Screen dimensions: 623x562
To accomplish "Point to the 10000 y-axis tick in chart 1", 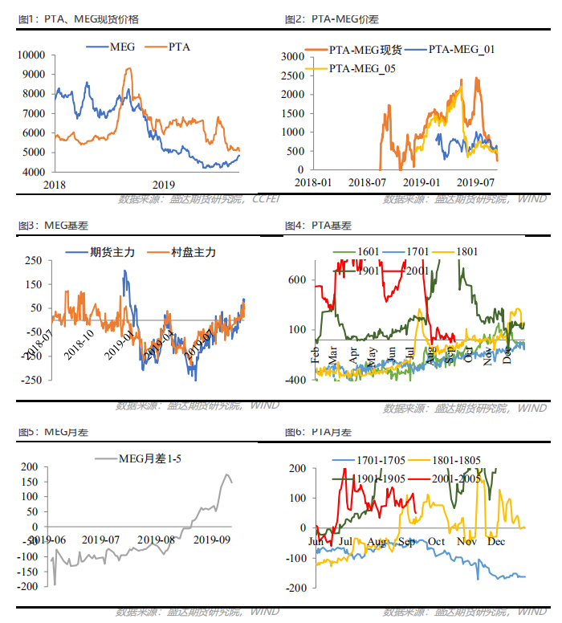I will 32,55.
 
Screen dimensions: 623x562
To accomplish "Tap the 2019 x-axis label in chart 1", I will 163,184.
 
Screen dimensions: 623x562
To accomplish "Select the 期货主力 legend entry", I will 110,252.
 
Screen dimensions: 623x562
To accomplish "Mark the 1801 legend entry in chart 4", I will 466,252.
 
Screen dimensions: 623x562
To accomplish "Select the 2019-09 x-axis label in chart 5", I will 213,540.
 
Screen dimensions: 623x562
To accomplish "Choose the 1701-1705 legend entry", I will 381,460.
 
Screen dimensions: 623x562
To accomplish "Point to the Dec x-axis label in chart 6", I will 495,540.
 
